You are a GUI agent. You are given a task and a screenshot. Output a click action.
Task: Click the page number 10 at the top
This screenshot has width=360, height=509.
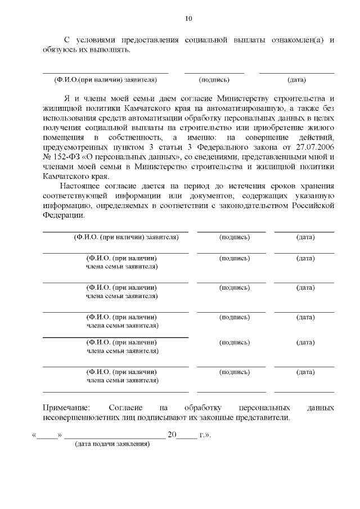click(188, 19)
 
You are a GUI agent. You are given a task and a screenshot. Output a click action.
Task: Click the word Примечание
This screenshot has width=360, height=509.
click(66, 407)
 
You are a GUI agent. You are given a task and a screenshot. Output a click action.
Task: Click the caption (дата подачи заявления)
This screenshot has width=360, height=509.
click(112, 444)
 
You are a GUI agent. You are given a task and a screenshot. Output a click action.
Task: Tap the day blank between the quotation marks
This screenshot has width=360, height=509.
click(48, 435)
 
